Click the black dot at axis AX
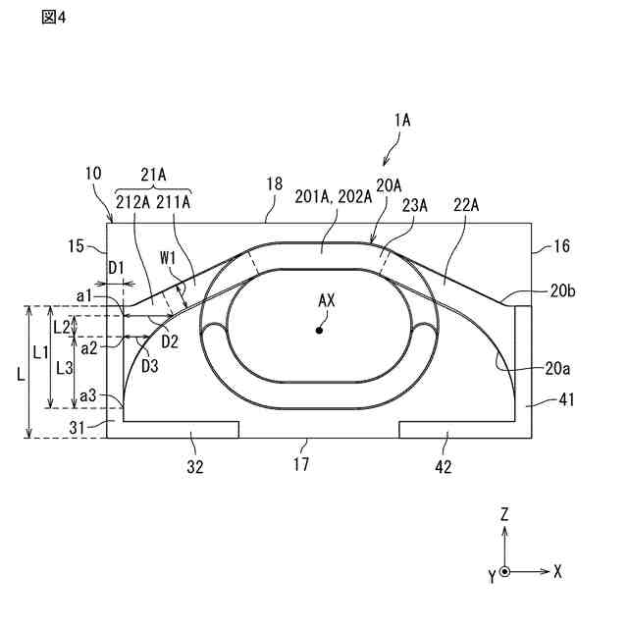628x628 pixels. (318, 331)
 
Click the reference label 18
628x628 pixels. (274, 183)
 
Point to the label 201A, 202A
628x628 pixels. (334, 195)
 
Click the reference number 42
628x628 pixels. (444, 468)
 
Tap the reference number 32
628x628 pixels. (195, 468)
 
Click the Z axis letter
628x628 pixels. (503, 513)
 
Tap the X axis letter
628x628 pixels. (557, 570)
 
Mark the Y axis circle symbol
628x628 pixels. (504, 571)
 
